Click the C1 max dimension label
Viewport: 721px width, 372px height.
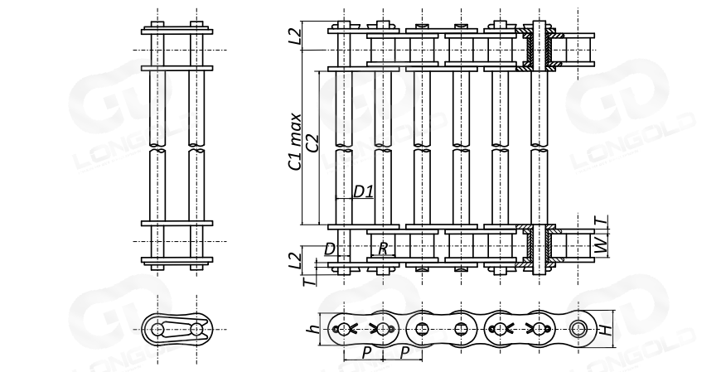(x=295, y=141)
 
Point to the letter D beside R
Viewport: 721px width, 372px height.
(x=330, y=248)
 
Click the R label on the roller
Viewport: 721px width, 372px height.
(x=383, y=248)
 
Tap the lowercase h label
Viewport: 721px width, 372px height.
(x=312, y=330)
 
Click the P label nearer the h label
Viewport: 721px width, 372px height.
(x=364, y=353)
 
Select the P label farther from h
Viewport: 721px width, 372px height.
(x=404, y=353)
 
